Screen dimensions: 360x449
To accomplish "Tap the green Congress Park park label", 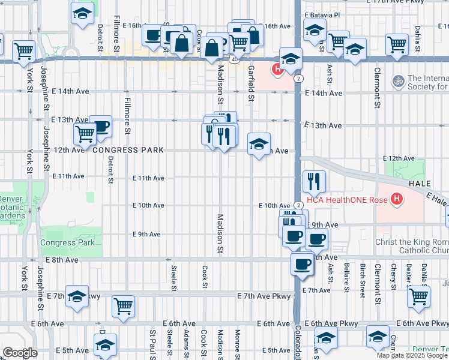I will coord(68,243).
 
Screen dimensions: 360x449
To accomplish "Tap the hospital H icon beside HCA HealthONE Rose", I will coord(396,199).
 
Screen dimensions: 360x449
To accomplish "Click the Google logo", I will coord(20,353).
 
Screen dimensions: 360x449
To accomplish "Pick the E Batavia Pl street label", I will coord(322,14).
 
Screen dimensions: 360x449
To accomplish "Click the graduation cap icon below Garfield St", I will coord(259,144).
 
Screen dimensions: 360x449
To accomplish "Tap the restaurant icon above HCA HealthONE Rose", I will coord(314,179).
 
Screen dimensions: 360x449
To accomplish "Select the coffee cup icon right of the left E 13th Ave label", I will coord(101,126).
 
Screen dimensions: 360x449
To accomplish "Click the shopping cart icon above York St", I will coord(23,51).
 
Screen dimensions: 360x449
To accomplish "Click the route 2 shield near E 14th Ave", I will coord(298,79).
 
